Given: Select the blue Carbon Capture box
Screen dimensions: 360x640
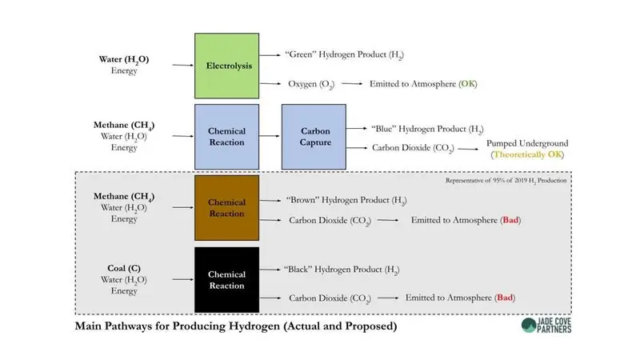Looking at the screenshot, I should pos(314,137).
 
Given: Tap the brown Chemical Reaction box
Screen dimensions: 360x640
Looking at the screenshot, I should pos(226,208).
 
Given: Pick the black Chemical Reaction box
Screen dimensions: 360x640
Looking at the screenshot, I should pos(226,280).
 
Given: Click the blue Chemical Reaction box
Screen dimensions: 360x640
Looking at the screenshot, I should pos(226,137).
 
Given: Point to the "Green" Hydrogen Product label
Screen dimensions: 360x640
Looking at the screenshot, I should pos(344,54).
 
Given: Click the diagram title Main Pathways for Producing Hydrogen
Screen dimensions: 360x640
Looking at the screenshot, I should pos(235,326).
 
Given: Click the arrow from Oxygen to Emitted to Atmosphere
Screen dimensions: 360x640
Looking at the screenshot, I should pos(351,83).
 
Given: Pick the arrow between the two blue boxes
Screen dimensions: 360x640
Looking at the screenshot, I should pos(270,137).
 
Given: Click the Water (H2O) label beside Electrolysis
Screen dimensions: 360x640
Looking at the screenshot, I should pos(124,59).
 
